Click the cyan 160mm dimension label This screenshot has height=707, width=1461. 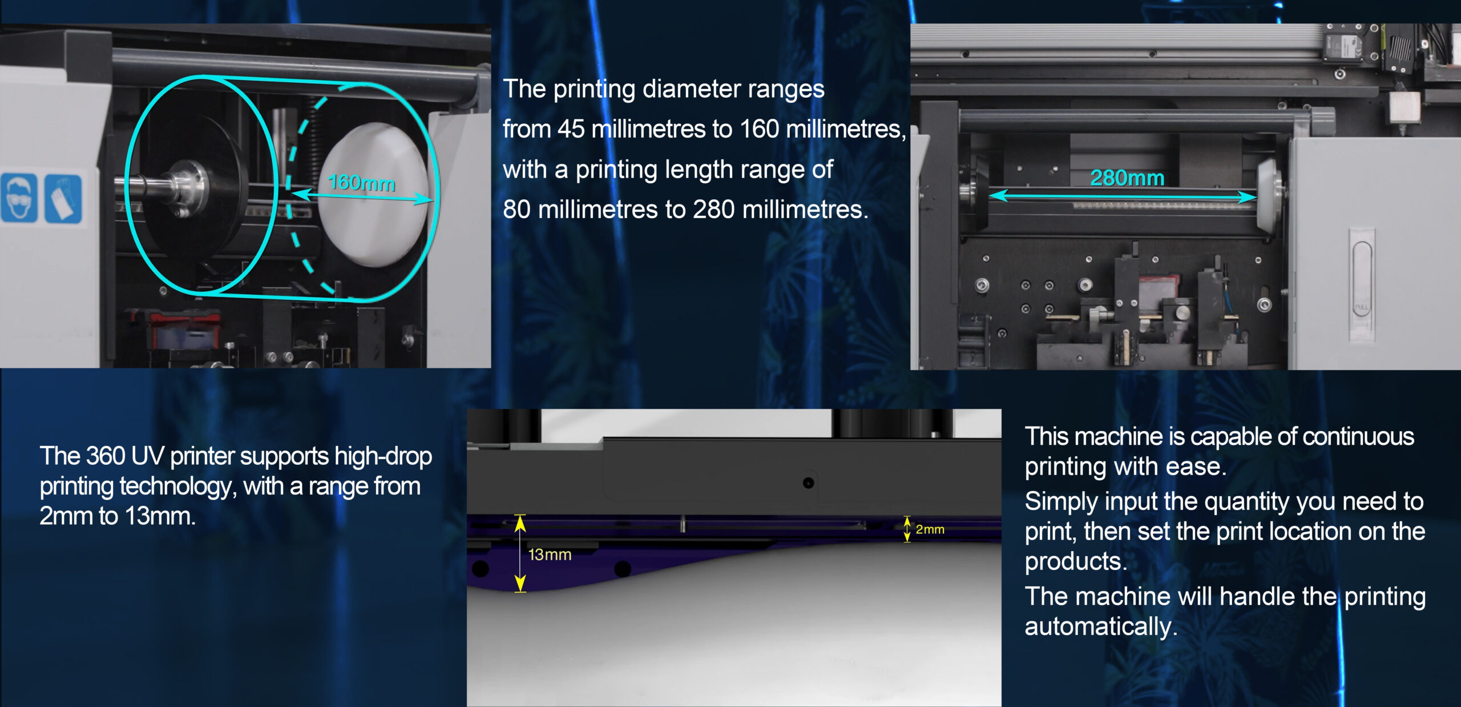362,183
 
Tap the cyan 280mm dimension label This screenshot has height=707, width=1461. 1127,178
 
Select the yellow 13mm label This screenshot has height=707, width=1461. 550,555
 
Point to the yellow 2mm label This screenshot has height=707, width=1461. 930,529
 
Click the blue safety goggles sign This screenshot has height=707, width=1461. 19,198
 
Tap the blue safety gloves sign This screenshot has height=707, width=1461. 63,199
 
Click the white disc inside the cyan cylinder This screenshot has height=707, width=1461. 372,194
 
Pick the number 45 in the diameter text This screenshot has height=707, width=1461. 571,129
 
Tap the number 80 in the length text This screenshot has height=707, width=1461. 516,210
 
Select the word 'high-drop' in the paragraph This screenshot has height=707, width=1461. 383,457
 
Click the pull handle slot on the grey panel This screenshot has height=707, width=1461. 1362,286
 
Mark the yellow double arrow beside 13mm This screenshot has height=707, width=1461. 520,553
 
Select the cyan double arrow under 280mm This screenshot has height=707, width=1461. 1123,196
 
